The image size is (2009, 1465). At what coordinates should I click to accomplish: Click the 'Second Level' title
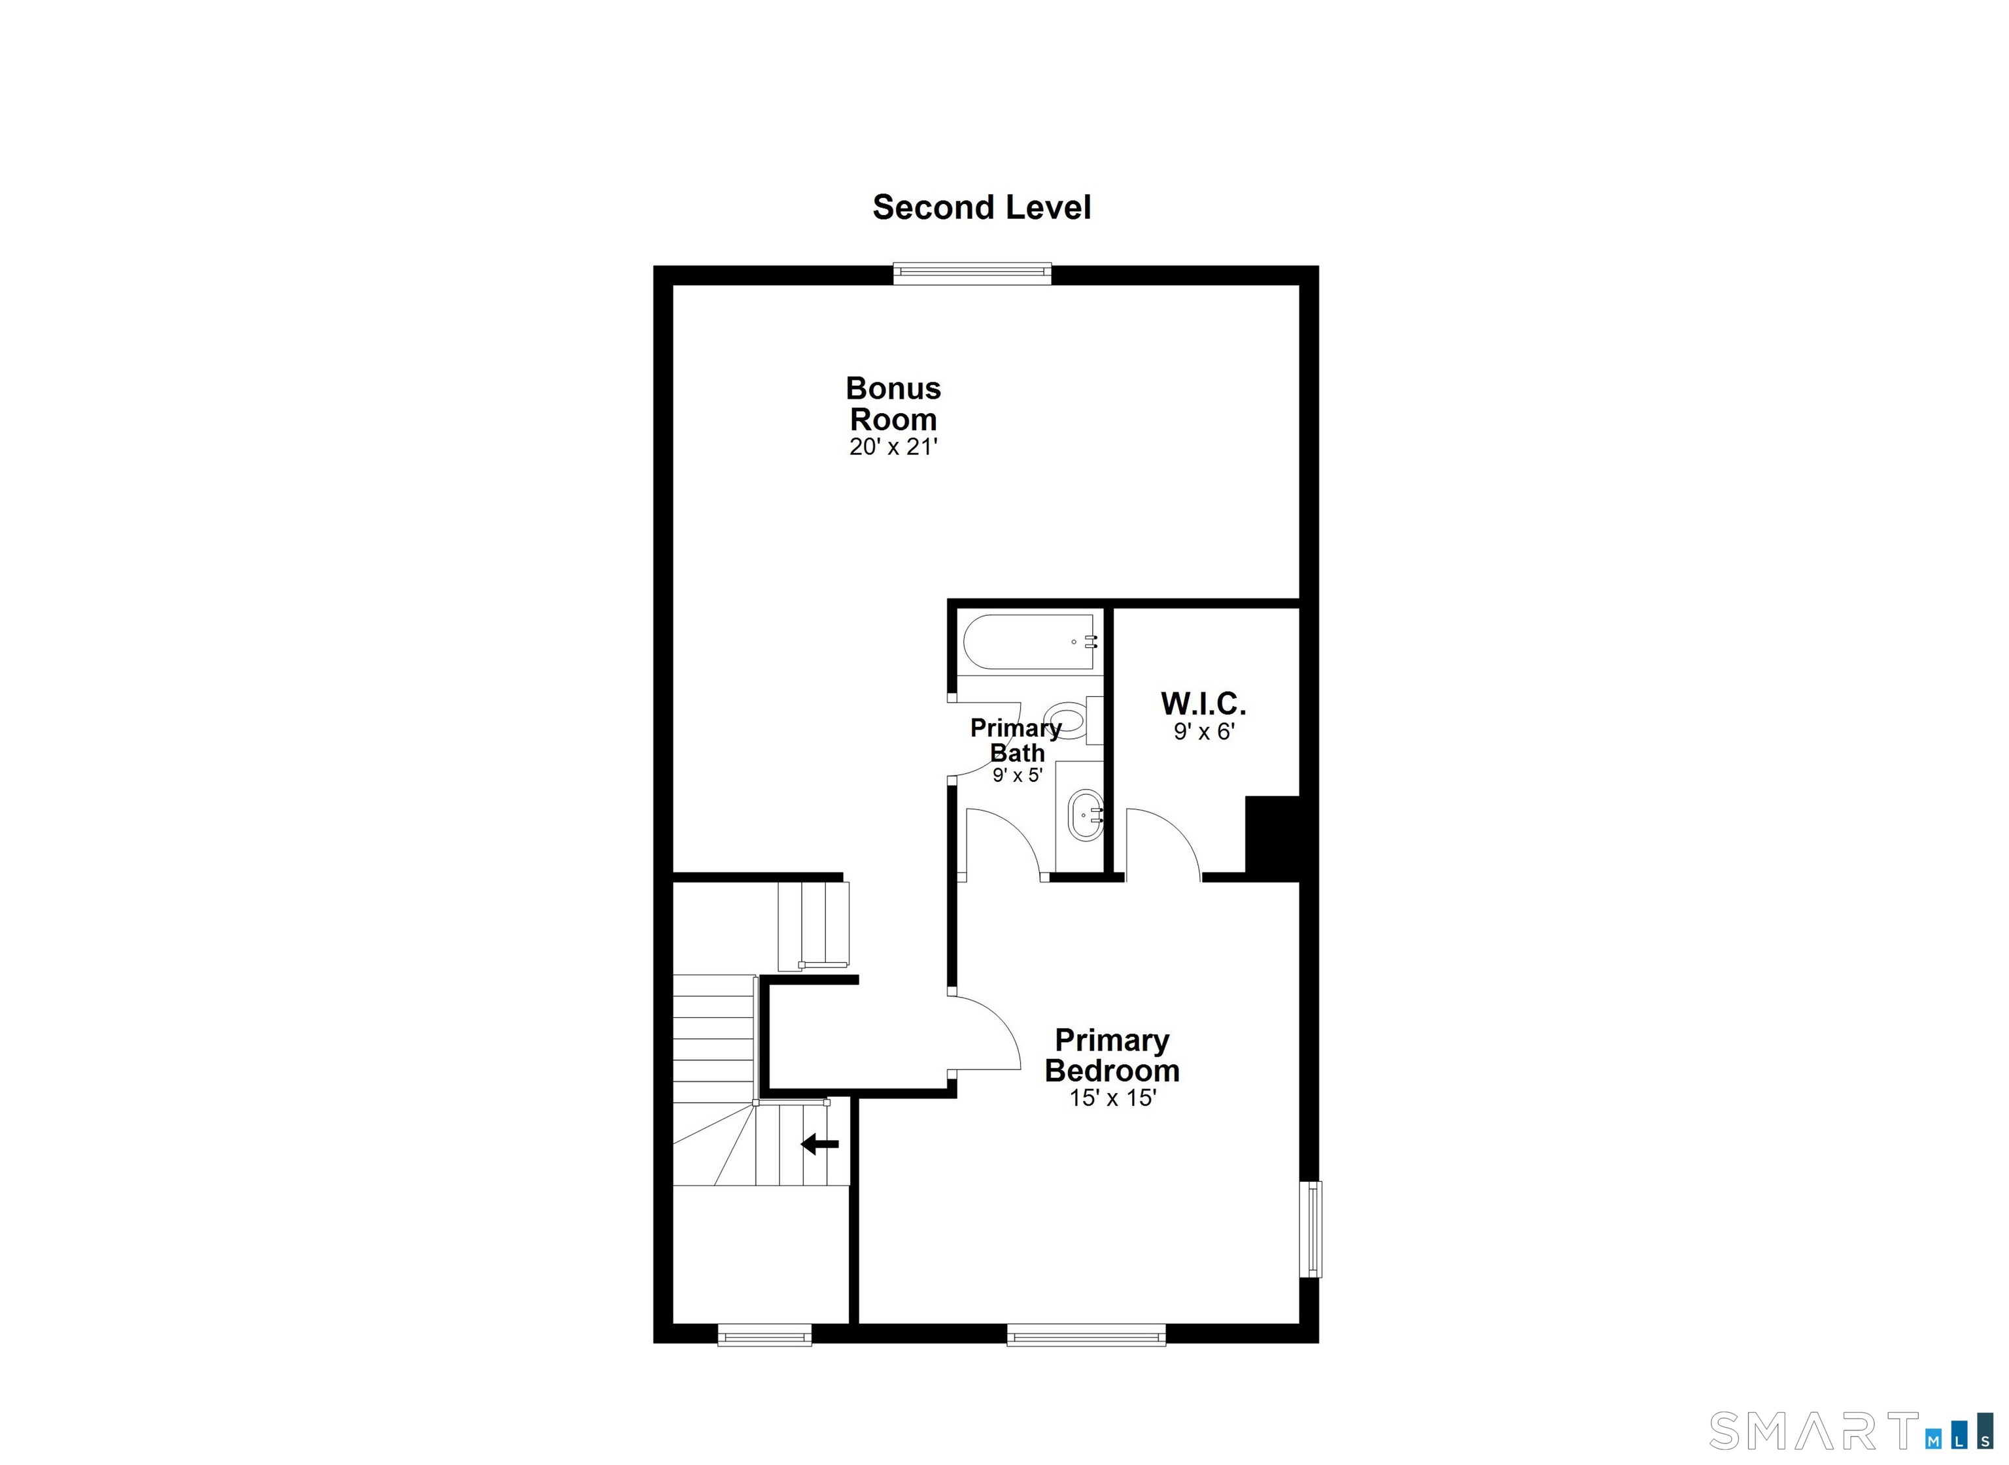coord(981,207)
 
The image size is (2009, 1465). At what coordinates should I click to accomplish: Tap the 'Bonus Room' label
coord(893,403)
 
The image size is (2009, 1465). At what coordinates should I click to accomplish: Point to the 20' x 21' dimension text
coord(893,447)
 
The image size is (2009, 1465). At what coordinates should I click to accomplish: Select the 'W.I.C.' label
coord(1203,704)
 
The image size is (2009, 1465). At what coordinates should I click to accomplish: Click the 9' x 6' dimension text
coord(1203,732)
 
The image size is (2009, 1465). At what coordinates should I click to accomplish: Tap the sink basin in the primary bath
coord(1086,816)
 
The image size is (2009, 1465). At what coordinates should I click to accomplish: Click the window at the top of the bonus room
coord(972,273)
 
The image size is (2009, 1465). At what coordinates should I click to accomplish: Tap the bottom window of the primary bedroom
coord(1086,1336)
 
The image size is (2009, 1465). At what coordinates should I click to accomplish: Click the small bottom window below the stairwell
coord(764,1336)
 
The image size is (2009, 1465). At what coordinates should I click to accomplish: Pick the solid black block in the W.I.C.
coord(1273,835)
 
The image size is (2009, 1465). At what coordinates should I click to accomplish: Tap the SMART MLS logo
coord(1850,1431)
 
